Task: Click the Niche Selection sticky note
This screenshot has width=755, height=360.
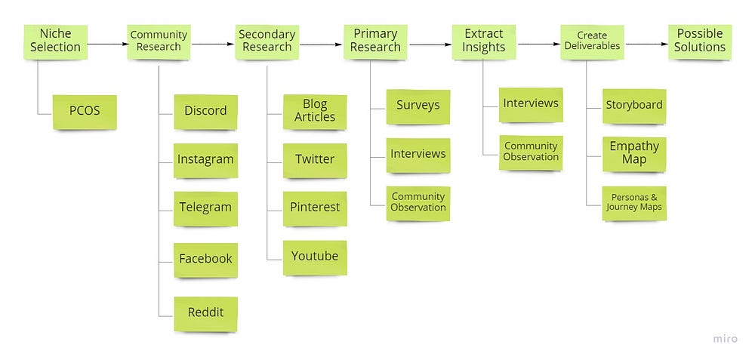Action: pyautogui.click(x=55, y=41)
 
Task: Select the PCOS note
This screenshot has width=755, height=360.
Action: pyautogui.click(x=84, y=111)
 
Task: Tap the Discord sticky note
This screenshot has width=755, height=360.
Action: pyautogui.click(x=205, y=111)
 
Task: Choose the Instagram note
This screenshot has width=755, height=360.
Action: pyautogui.click(x=205, y=159)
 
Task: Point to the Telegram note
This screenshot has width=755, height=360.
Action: pyautogui.click(x=205, y=208)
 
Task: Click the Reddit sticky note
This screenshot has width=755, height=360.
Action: pyautogui.click(x=205, y=312)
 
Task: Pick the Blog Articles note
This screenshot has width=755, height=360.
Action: pyautogui.click(x=314, y=111)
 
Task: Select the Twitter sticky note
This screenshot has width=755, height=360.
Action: pyautogui.click(x=314, y=159)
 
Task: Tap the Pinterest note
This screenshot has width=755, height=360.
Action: pyautogui.click(x=314, y=208)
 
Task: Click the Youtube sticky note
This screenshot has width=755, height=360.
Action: pyautogui.click(x=314, y=257)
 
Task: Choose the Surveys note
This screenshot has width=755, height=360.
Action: pyautogui.click(x=418, y=106)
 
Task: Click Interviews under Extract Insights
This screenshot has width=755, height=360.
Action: pyautogui.click(x=531, y=103)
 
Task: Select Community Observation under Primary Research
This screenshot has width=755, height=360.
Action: pyautogui.click(x=418, y=202)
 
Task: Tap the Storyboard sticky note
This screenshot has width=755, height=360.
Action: pyautogui.click(x=634, y=106)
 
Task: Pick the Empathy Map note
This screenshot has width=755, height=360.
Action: pyautogui.click(x=634, y=152)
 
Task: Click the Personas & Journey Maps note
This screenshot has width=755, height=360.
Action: pyautogui.click(x=634, y=202)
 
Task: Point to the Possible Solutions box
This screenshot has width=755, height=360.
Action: pyautogui.click(x=700, y=41)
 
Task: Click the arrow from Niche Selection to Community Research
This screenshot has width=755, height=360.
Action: pyautogui.click(x=104, y=44)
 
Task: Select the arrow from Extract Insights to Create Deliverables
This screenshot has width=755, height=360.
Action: pyautogui.click(x=538, y=44)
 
